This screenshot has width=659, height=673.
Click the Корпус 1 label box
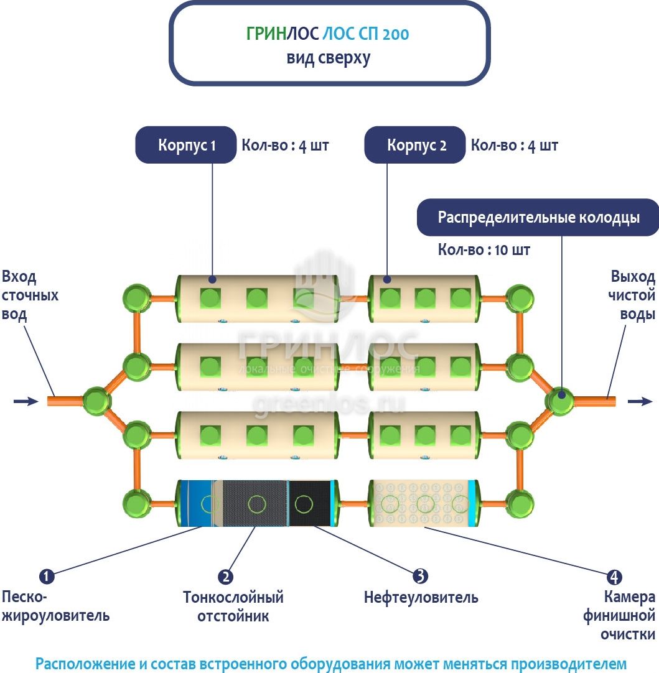coord(186,146)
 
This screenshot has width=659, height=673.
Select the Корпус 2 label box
coord(416,146)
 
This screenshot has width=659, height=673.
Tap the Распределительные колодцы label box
coord(538,218)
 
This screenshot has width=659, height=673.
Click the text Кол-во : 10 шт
coord(484,250)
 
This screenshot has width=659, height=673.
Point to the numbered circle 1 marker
coord(47,577)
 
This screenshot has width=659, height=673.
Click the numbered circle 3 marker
coord(421,577)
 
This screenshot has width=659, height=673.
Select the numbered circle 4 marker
coord(614,577)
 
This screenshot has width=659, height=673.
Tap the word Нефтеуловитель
coord(421,598)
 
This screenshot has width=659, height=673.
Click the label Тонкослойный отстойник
coord(233,606)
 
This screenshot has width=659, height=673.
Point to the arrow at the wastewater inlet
coord(26,401)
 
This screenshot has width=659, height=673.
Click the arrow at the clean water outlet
coord(640,401)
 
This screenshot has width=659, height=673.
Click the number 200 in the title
coord(396,34)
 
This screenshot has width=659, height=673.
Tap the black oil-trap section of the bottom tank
coord(309,503)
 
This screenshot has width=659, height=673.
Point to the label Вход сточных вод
coord(30,295)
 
